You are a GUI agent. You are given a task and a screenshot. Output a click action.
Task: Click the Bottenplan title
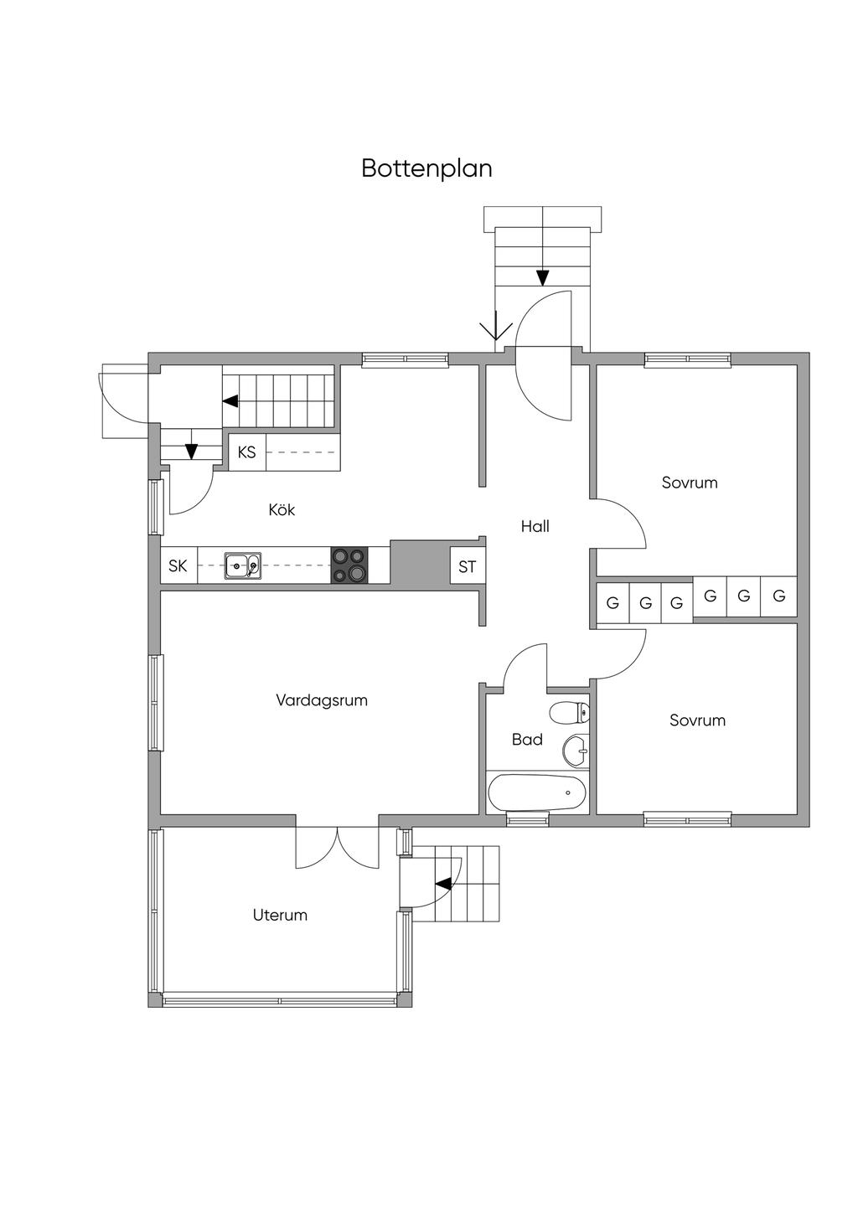(426, 168)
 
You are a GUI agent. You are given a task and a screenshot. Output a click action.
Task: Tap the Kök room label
(282, 509)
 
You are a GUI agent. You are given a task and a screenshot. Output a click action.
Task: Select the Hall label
(535, 526)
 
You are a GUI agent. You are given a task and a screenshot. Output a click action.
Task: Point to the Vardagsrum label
(322, 700)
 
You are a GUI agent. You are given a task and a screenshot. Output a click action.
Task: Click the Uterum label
(280, 915)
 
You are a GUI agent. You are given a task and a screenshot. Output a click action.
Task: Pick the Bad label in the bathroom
(527, 740)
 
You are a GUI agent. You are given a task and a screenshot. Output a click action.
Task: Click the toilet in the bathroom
(569, 713)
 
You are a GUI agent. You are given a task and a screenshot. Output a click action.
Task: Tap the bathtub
(537, 792)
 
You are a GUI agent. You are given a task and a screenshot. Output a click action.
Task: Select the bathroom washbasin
(576, 751)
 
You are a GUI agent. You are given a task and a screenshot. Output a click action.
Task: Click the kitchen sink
(243, 566)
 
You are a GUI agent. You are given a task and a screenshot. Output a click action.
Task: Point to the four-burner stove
(349, 565)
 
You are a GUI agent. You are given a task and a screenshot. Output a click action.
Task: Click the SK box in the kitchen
(178, 565)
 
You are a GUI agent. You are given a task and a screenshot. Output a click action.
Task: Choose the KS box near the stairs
(247, 452)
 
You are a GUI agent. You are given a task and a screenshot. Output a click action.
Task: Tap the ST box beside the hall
(468, 566)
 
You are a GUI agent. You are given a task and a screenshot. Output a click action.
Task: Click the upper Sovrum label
(690, 483)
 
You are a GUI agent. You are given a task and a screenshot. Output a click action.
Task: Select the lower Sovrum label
(697, 720)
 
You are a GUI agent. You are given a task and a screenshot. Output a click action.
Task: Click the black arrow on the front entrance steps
(543, 278)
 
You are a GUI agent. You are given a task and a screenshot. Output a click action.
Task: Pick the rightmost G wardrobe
(779, 596)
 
